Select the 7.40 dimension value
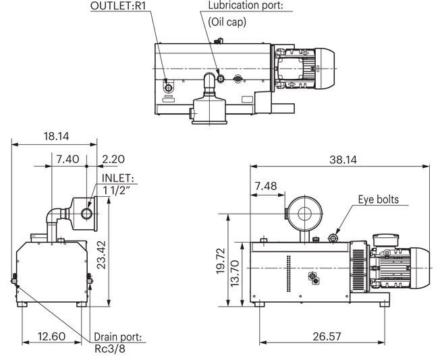68,159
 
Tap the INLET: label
119,178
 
